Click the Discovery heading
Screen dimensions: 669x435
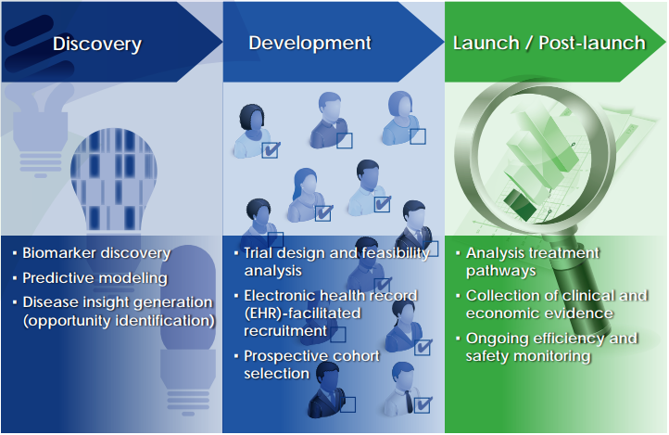tap(97, 45)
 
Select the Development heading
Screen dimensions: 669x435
tap(310, 43)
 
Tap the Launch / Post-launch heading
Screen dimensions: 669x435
tap(549, 43)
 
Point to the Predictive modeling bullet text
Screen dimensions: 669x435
tap(95, 278)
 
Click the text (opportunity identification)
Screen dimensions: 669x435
tap(119, 321)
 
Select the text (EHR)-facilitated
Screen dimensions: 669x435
tap(302, 313)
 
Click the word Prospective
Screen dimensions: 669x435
tap(284, 356)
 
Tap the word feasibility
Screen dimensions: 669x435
tap(395, 252)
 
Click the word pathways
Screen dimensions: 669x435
tap(501, 271)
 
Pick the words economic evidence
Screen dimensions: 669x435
tap(539, 313)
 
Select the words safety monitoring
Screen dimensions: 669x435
tap(528, 356)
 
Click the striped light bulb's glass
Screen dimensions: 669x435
tap(113, 179)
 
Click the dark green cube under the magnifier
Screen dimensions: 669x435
tap(520, 204)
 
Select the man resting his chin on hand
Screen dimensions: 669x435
tap(329, 121)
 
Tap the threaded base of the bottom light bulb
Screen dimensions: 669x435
tap(188, 399)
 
